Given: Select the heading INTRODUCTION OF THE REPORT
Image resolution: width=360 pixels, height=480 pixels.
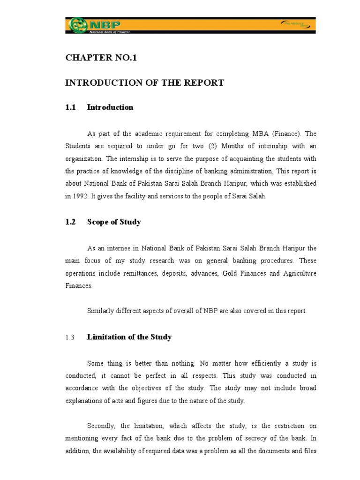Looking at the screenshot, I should pos(144,83).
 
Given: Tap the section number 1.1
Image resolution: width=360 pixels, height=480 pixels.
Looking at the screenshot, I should pos(70,107).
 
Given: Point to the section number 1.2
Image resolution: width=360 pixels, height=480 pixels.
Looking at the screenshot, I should pos(70,222).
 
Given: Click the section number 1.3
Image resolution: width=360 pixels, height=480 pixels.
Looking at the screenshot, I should pos(70,337).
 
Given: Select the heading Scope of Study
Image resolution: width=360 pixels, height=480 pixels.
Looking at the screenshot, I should pos(114,222).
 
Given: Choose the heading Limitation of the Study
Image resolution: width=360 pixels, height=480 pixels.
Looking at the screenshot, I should pos(129,337).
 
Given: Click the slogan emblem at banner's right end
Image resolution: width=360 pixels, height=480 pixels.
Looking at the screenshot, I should pos(294,24).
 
